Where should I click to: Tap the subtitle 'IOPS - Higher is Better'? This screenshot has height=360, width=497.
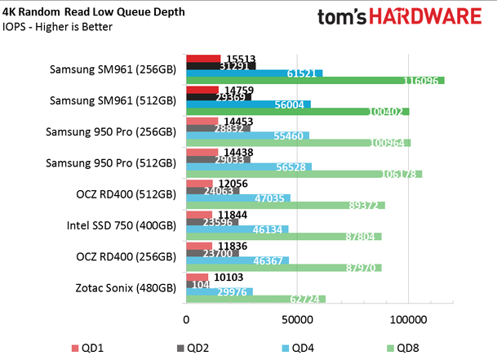tap(60, 27)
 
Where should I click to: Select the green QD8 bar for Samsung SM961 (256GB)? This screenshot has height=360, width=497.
tap(315, 80)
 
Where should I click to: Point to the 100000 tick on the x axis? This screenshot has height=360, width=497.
tap(407, 320)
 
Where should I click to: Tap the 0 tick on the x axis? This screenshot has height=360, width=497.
tap(187, 320)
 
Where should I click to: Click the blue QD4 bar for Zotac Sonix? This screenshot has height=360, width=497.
tap(220, 291)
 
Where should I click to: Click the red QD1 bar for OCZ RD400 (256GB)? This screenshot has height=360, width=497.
tap(200, 246)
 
